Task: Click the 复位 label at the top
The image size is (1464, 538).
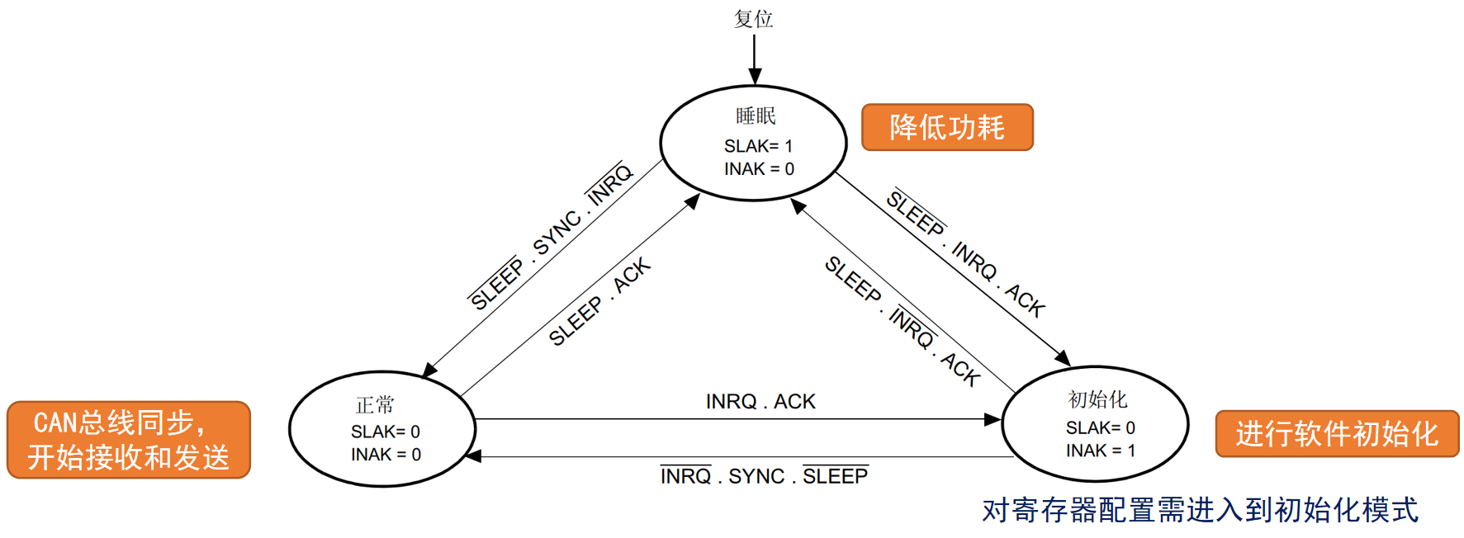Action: tap(753, 18)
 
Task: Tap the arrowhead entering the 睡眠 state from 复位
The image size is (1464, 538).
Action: tap(755, 77)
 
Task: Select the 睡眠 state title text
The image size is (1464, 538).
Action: tap(756, 116)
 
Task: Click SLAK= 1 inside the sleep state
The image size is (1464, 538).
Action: tap(758, 146)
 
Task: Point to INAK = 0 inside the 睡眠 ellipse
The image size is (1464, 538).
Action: tap(759, 169)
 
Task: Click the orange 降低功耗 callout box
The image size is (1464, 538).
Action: tap(947, 127)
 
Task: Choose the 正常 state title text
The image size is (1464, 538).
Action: tap(375, 405)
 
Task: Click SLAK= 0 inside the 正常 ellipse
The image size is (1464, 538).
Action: tap(385, 432)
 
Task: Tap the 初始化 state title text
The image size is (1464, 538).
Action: tap(1097, 399)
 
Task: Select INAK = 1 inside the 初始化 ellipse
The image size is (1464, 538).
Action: tap(1100, 451)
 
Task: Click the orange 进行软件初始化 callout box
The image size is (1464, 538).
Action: tap(1337, 434)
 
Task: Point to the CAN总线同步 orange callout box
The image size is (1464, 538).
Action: tap(129, 440)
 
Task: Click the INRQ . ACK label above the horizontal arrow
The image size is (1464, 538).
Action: tap(760, 402)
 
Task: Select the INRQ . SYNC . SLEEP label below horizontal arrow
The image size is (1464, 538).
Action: tap(764, 476)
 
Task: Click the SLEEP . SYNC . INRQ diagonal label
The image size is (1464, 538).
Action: tap(551, 236)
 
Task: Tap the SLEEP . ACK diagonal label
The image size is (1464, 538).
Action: tap(600, 302)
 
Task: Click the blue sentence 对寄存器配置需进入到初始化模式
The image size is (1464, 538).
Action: tap(1200, 510)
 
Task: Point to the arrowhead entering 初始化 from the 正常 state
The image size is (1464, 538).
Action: tap(993, 419)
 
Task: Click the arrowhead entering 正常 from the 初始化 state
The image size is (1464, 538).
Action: tap(473, 456)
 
